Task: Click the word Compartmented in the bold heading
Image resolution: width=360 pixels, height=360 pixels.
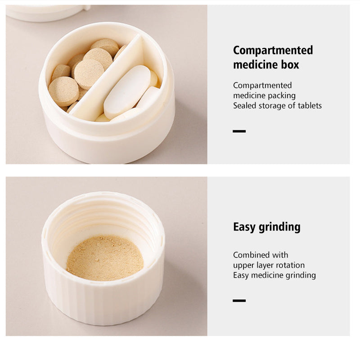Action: point(273,50)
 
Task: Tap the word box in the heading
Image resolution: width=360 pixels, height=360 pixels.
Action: point(290,65)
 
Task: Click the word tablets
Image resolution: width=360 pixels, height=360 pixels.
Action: point(310,106)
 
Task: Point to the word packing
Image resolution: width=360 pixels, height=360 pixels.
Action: point(282,95)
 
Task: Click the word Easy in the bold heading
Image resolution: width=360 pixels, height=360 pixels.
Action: point(244,227)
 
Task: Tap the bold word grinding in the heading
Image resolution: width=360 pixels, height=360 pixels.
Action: point(279,227)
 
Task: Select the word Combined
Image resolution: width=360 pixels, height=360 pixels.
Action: point(251,255)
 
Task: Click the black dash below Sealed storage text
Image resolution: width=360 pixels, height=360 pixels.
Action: point(239,131)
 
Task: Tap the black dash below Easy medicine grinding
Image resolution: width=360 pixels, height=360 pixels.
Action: point(239,301)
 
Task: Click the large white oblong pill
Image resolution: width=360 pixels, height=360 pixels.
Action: point(127,92)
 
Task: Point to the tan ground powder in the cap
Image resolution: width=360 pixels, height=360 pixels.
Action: point(105,258)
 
